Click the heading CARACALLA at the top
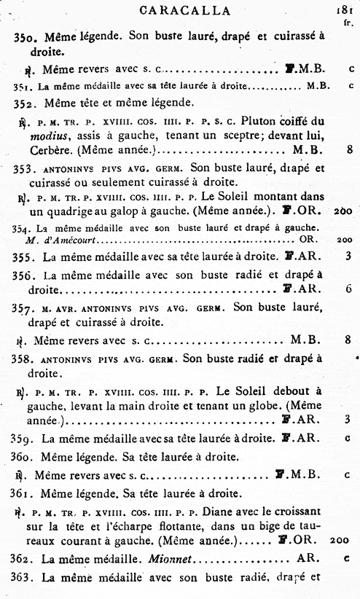click(184, 10)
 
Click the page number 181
click(345, 10)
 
